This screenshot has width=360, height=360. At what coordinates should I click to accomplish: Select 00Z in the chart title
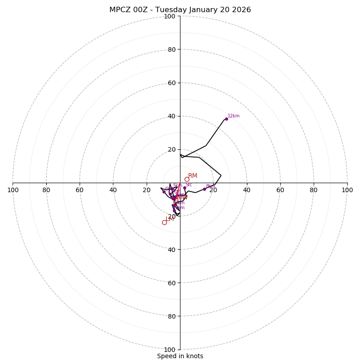[x=142, y=10]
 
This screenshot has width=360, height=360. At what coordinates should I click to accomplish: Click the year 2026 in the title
[x=242, y=10]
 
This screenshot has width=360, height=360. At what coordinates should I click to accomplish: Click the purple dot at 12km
[x=226, y=119]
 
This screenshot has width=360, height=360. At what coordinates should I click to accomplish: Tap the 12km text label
[x=234, y=116]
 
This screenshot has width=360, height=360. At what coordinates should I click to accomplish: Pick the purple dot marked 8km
[x=204, y=189]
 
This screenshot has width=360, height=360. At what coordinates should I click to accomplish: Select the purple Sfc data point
[x=184, y=188]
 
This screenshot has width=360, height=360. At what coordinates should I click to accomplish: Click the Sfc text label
[x=189, y=185]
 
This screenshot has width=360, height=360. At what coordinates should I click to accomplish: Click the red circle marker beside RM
[x=187, y=179]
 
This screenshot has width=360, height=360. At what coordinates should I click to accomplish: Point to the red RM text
[x=193, y=176]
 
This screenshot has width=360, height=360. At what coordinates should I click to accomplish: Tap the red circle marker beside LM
[x=164, y=222]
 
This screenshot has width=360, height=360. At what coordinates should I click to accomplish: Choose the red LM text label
[x=170, y=219]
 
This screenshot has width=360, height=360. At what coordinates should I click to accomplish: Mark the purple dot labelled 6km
[x=164, y=192]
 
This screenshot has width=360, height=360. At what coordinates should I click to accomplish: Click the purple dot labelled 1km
[x=174, y=211]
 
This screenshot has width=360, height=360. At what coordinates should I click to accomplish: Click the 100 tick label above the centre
[x=170, y=16]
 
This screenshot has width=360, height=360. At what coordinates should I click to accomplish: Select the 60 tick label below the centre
[x=171, y=283]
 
